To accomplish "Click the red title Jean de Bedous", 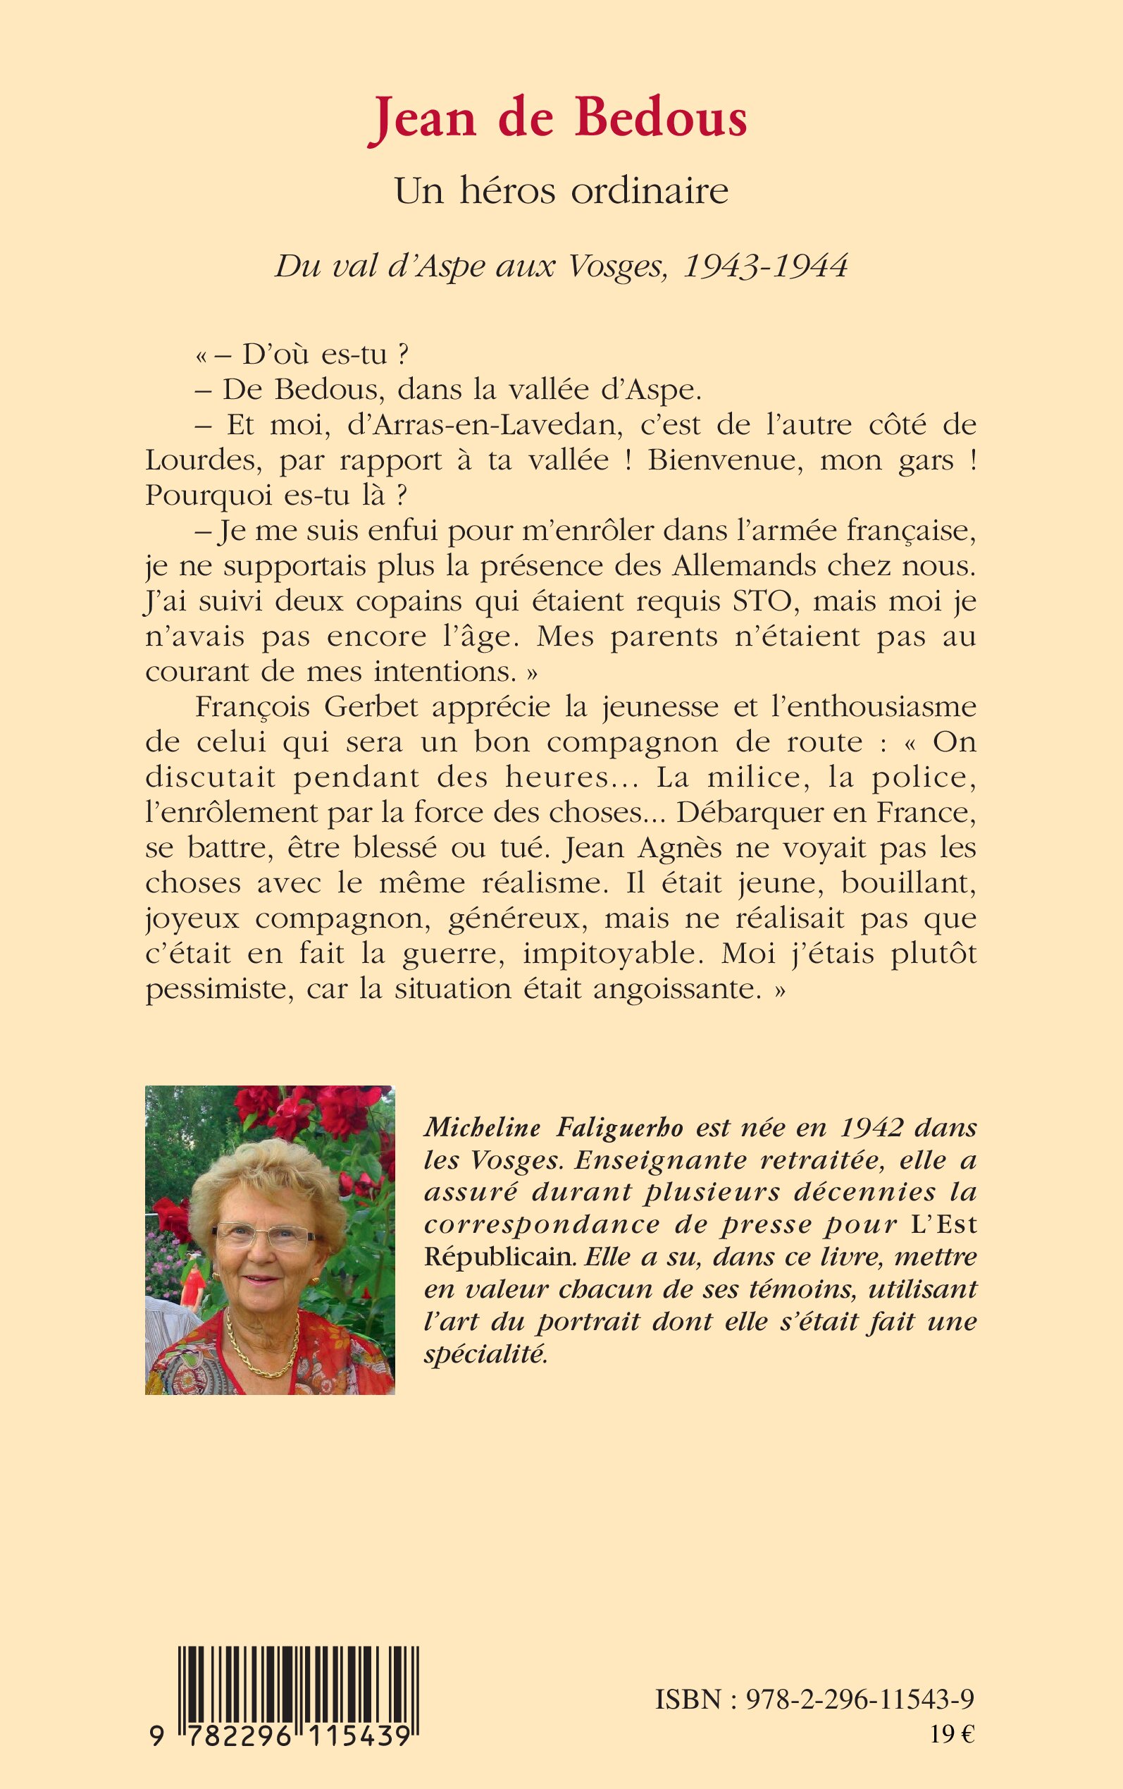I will [x=559, y=119].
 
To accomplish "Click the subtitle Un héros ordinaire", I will [x=561, y=192].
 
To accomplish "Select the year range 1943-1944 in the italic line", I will [x=765, y=266].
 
